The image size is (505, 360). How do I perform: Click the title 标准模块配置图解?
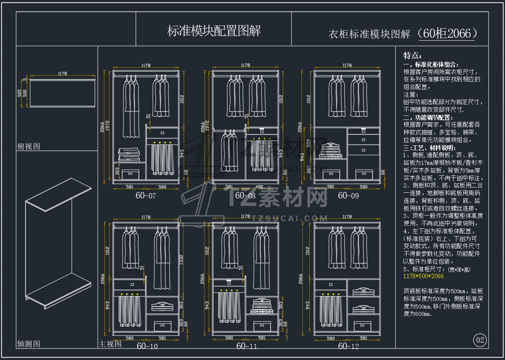[x=213, y=31]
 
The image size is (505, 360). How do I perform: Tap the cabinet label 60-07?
[x=146, y=196]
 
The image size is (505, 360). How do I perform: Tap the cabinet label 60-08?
[x=245, y=196]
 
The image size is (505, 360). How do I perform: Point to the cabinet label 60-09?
[x=348, y=196]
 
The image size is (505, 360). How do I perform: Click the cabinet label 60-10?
[x=147, y=346]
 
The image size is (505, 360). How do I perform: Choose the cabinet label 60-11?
[x=247, y=346]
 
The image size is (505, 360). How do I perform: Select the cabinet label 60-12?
[x=348, y=346]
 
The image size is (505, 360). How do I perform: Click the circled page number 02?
[x=480, y=340]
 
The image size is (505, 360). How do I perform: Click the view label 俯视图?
[x=28, y=146]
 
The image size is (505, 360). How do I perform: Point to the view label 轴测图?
[x=28, y=344]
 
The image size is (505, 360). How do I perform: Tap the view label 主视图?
[x=110, y=344]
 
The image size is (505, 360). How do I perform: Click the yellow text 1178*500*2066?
[x=424, y=276]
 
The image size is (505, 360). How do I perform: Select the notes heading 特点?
[x=412, y=55]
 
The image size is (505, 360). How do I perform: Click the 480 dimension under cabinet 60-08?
[x=259, y=187]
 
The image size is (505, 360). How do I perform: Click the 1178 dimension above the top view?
[x=62, y=74]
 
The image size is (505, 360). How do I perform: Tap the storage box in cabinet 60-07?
[x=130, y=174]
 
